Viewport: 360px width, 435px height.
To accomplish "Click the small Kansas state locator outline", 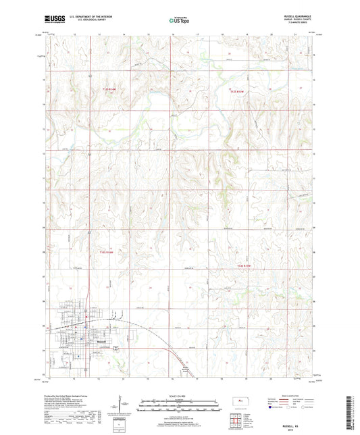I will pos(241,402).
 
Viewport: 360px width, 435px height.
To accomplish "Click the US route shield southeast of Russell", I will pos(115,348).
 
